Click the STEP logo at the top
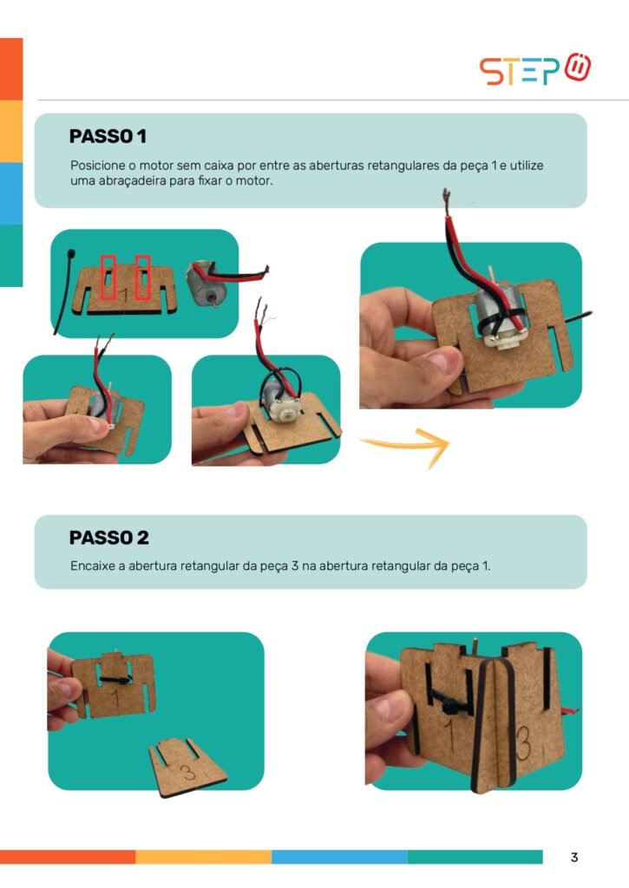[535, 69]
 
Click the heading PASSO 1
[108, 136]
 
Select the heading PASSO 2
[108, 538]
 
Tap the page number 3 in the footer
[574, 858]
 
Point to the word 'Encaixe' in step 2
[92, 565]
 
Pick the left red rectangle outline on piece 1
[108, 277]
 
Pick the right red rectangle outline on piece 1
[142, 277]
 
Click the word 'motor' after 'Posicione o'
[156, 166]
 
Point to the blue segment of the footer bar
[339, 857]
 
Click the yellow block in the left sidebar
[11, 132]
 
